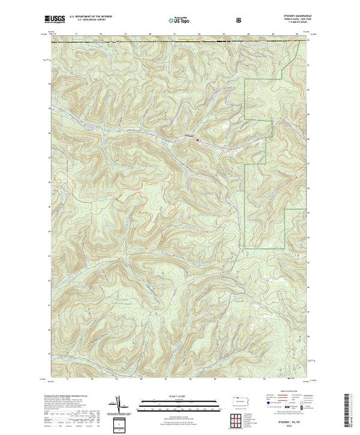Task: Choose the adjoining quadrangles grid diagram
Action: pyautogui.click(x=240, y=419)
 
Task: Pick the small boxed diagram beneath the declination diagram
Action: pyautogui.click(x=120, y=423)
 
